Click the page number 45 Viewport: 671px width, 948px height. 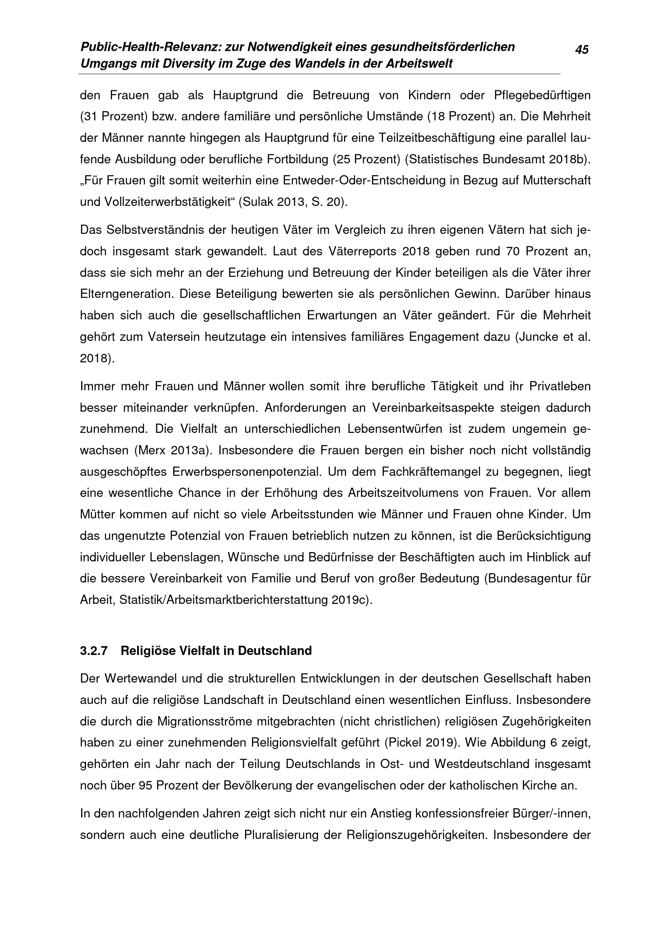(x=582, y=50)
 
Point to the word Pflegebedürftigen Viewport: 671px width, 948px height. (x=542, y=95)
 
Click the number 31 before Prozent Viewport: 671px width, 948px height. (x=90, y=117)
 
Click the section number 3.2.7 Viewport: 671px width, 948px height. (x=94, y=651)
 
